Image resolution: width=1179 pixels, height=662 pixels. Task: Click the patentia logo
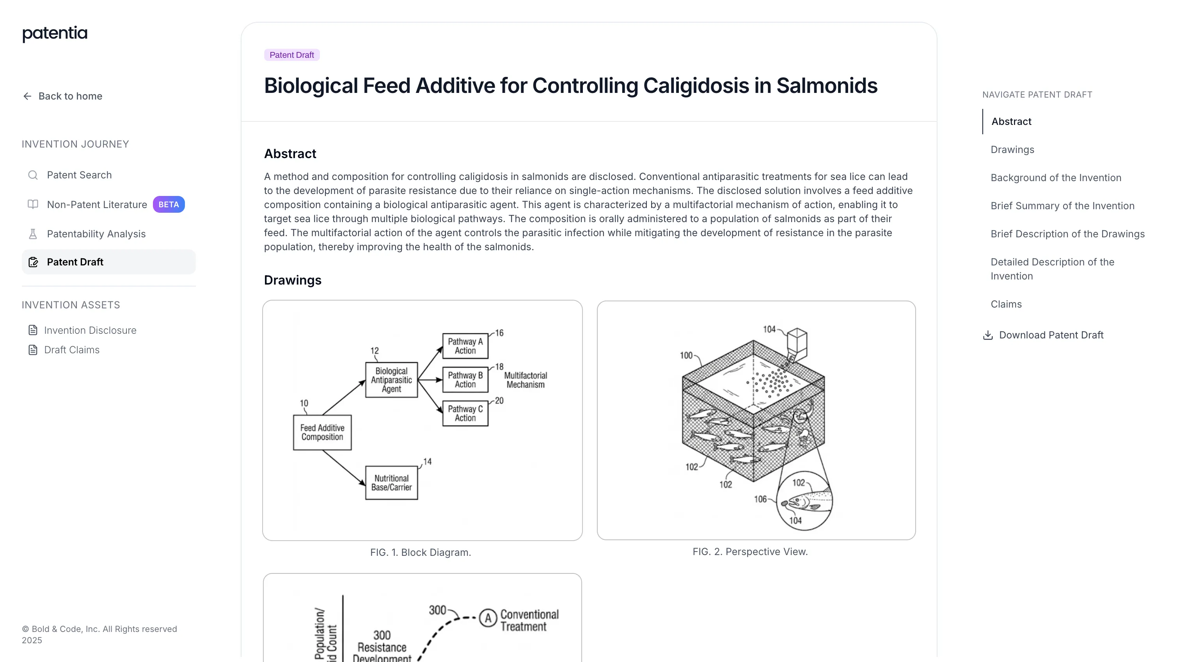coord(55,34)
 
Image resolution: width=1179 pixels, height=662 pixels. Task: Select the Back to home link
coord(62,96)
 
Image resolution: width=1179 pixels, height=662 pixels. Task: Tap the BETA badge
coord(169,205)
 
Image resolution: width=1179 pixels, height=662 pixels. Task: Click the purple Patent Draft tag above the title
coord(291,55)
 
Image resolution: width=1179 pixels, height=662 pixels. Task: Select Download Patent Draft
coord(1043,335)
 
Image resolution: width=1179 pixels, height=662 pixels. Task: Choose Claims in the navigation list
coord(1006,304)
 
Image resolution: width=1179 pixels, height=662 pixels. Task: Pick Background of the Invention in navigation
coord(1056,178)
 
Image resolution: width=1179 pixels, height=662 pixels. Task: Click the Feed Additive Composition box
coord(322,432)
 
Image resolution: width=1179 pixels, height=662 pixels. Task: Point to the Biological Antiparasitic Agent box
coord(391,380)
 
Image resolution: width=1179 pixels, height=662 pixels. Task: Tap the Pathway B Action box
coord(465,379)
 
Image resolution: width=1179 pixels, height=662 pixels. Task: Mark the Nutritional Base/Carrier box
coord(391,482)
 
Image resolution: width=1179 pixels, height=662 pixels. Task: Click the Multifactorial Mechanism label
coord(526,380)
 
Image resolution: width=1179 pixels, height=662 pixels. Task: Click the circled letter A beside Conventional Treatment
coord(488,618)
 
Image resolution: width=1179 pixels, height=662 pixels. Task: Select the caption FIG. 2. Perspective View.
coord(750,552)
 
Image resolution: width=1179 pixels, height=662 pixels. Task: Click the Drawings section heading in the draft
coord(293,280)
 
